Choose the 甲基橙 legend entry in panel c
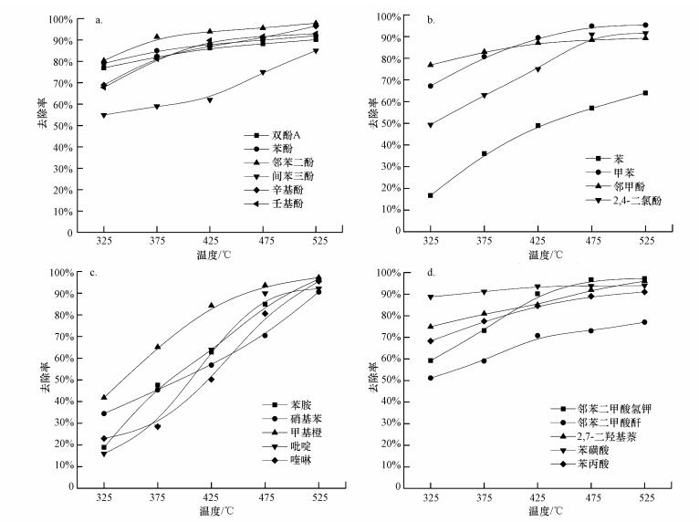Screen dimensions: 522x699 pyautogui.click(x=277, y=429)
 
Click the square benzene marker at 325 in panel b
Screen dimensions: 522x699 pyautogui.click(x=430, y=195)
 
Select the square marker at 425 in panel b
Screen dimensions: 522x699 pyautogui.click(x=537, y=126)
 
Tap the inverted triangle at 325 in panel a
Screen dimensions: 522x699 pyautogui.click(x=103, y=115)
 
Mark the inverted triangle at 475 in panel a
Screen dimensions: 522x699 pyautogui.click(x=263, y=72)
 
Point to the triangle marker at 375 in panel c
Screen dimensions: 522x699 pyautogui.click(x=157, y=347)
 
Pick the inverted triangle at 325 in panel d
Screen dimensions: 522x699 pyautogui.click(x=430, y=297)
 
